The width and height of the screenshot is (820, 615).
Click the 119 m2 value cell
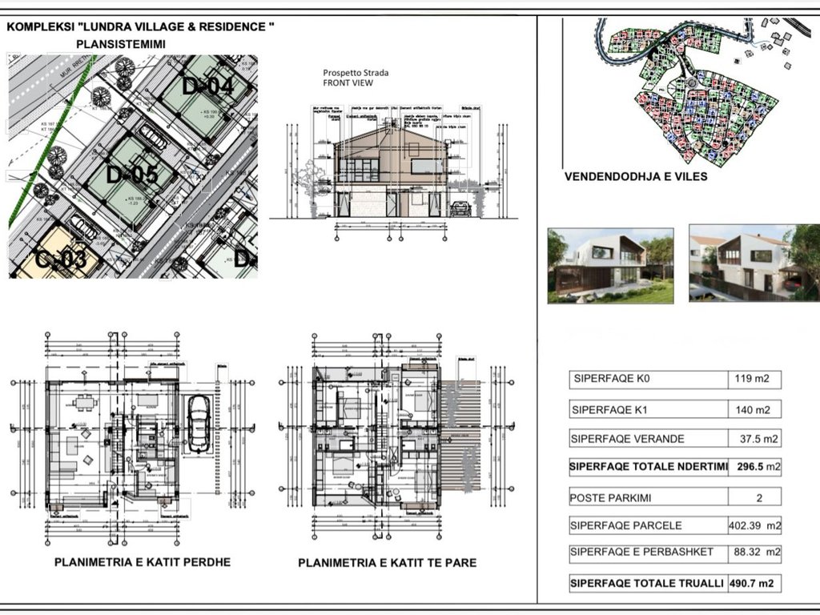point(753,380)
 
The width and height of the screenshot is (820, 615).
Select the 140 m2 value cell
point(753,410)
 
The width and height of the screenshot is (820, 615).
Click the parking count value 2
point(758,497)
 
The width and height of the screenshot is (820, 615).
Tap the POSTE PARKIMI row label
point(613,497)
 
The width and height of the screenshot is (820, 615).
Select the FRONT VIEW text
point(348,82)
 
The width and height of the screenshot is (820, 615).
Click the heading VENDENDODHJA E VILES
point(636,176)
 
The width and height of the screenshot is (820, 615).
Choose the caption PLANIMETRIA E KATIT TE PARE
point(387,563)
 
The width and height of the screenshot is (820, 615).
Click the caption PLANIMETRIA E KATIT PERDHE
point(142,562)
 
